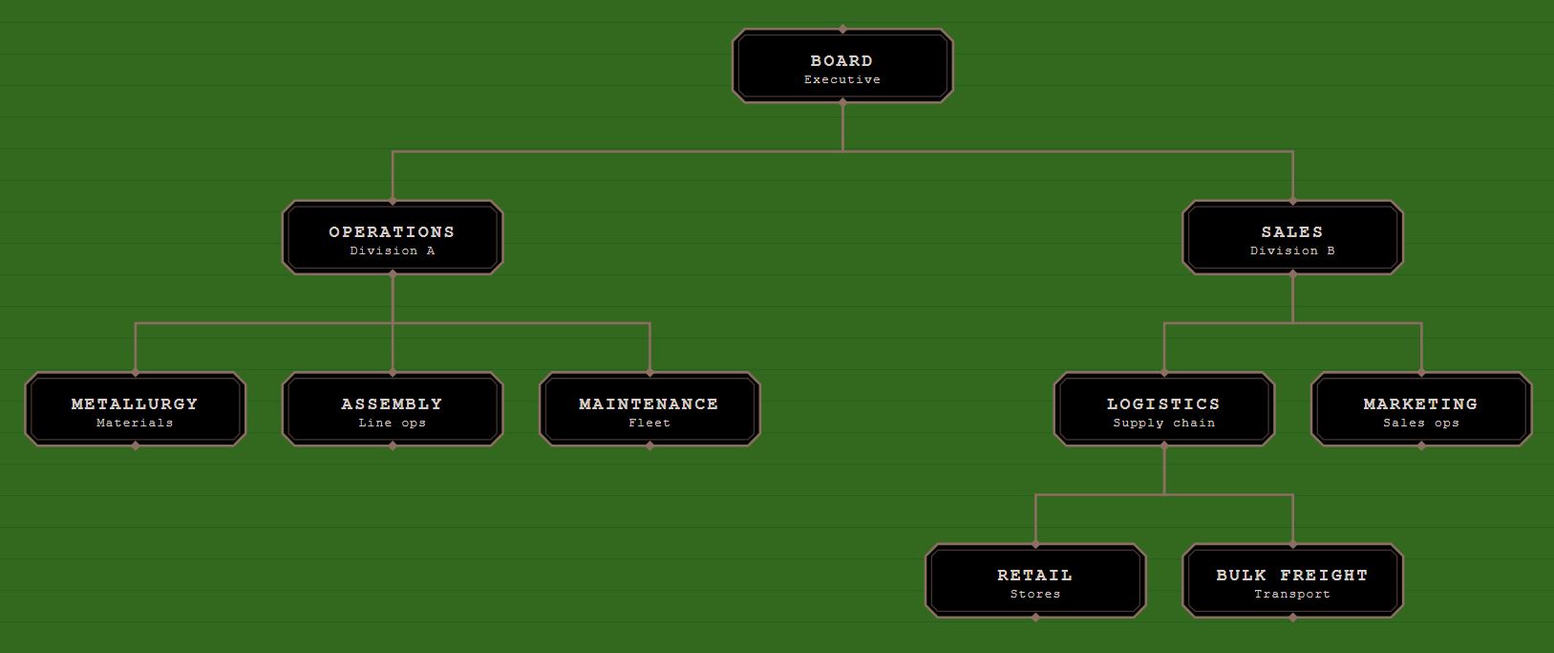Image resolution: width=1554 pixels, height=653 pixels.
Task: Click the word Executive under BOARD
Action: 842,80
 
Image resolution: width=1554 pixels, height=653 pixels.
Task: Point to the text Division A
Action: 393,251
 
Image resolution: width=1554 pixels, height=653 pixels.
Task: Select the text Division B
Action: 1292,251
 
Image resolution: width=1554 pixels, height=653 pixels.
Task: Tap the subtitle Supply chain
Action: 1163,424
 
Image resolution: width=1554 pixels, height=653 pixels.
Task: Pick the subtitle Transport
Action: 1292,595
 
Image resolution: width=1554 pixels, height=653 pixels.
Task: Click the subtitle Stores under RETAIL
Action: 1035,595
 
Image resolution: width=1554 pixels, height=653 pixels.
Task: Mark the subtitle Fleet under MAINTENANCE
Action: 649,424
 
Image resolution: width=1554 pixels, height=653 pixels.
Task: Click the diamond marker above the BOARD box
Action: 842,30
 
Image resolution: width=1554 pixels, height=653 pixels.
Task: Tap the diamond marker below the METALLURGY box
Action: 136,446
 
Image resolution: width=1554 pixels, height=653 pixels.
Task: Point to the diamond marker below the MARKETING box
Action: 1421,446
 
